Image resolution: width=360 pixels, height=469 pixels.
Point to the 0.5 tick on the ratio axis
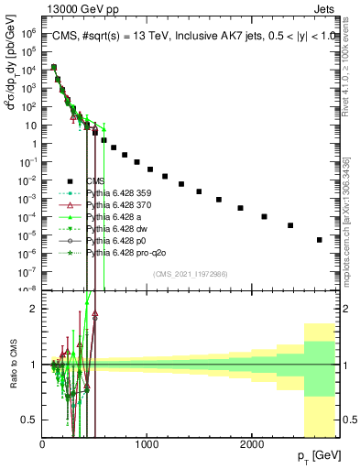click(x=30, y=419)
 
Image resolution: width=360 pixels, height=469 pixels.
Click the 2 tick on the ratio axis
click(x=34, y=309)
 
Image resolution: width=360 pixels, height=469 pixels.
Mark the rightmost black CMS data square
click(x=320, y=240)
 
